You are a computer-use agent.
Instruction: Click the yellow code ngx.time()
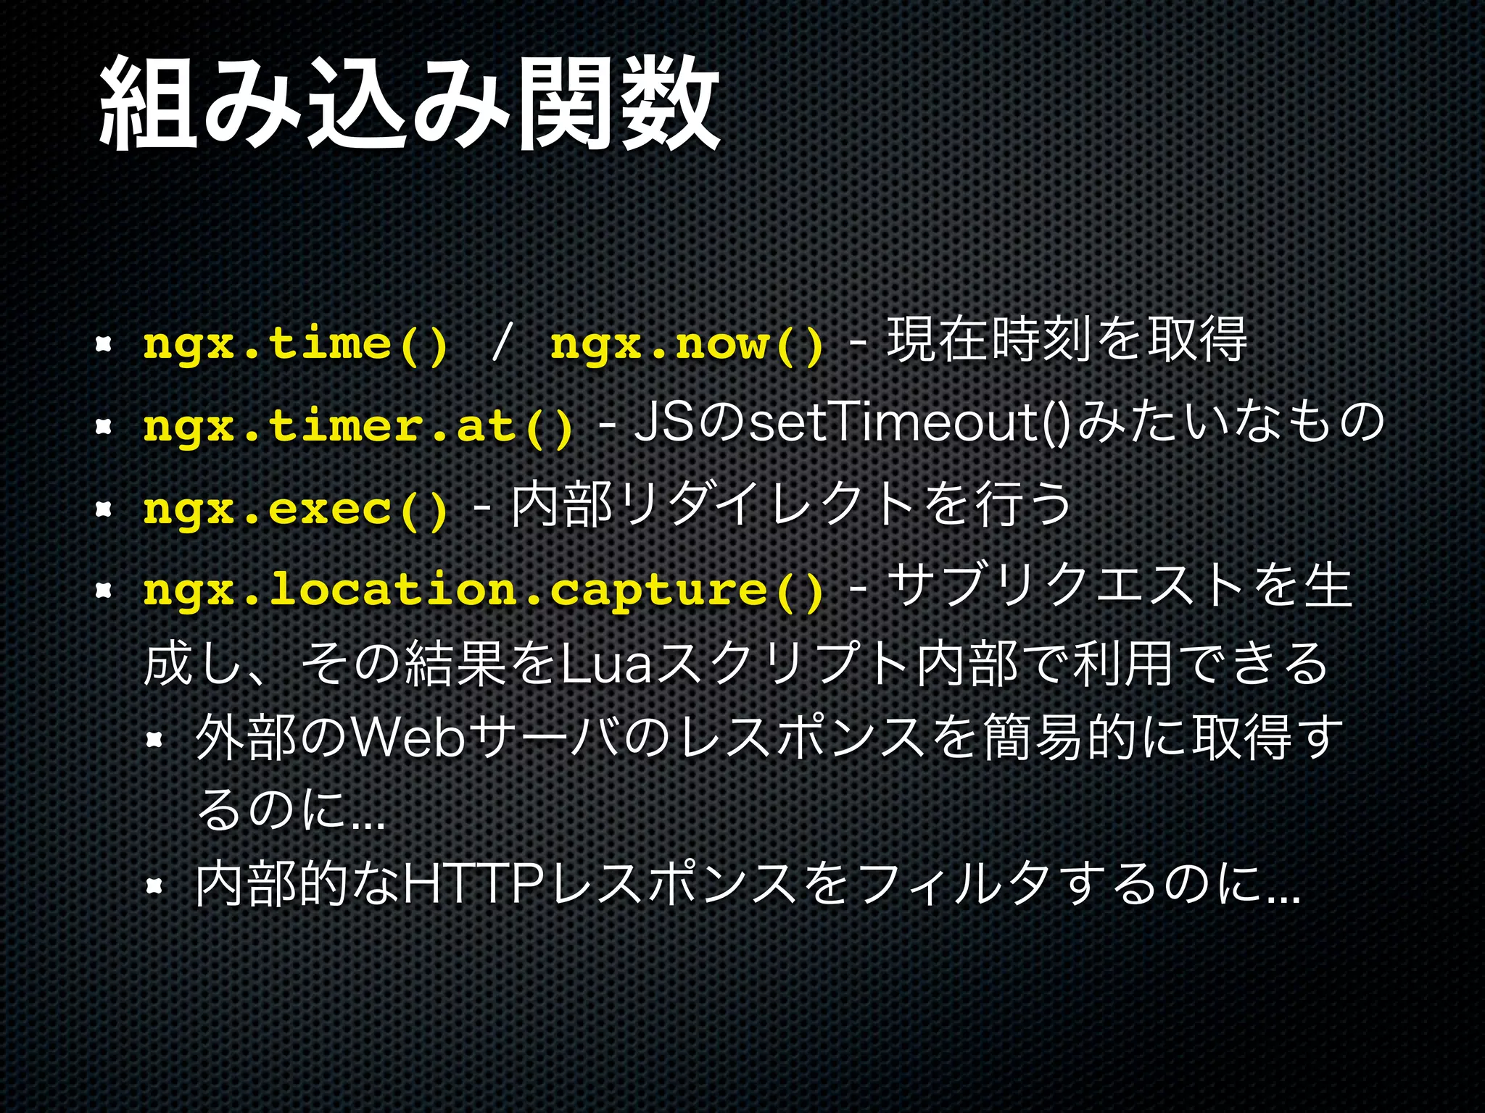[x=295, y=343]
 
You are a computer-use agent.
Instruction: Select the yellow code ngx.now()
[x=687, y=343]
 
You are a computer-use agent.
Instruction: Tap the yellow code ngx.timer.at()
[x=359, y=425]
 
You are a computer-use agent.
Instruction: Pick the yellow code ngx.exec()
[x=295, y=508]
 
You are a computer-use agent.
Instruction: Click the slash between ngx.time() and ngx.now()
[x=500, y=343]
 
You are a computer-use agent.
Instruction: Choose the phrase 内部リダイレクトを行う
[x=790, y=505]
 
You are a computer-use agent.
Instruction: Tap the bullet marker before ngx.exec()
[x=102, y=509]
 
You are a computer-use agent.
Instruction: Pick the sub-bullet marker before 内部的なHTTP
[x=153, y=885]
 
